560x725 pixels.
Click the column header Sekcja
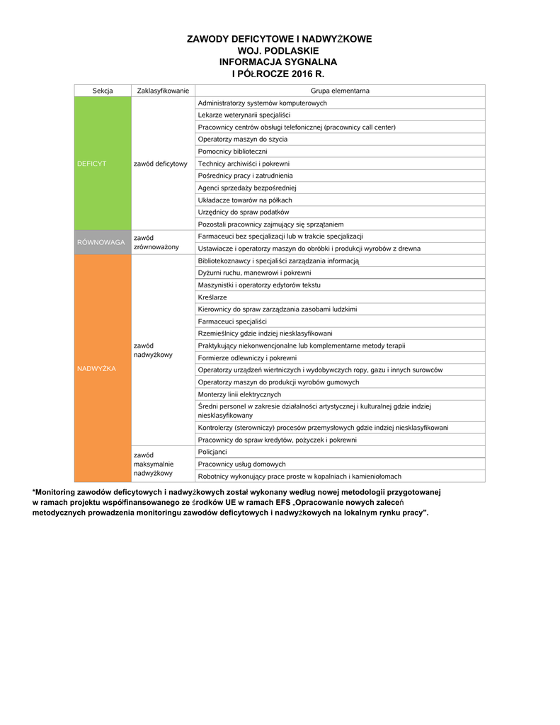[103, 91]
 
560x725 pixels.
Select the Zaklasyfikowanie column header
[163, 91]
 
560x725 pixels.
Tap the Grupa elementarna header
[340, 91]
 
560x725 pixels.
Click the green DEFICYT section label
[91, 164]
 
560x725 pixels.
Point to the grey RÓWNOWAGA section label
[101, 242]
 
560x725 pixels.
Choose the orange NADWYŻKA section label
[96, 368]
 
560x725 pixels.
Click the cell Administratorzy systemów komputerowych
[262, 103]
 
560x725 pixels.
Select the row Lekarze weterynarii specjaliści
[244, 115]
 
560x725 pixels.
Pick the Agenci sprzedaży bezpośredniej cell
[246, 188]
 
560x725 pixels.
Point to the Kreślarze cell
[212, 297]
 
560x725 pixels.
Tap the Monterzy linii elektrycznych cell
[239, 394]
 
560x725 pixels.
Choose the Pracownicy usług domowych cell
[241, 464]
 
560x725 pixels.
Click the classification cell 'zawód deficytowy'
[160, 164]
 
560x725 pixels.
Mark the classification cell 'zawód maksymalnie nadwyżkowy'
[153, 464]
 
